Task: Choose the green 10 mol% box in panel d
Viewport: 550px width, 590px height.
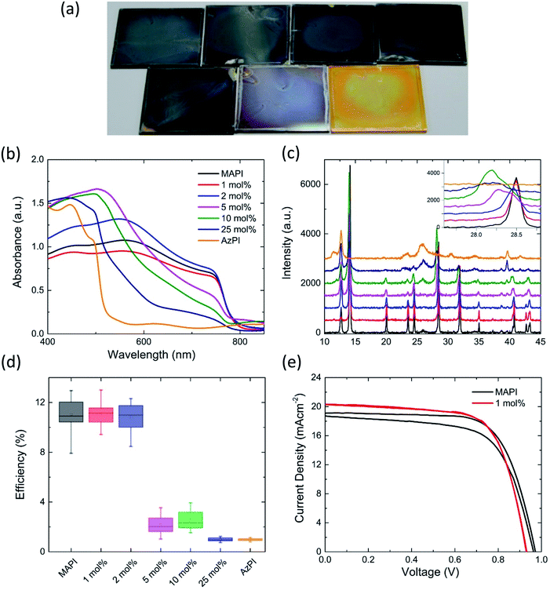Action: [191, 519]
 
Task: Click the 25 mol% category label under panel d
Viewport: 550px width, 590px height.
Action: [221, 566]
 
